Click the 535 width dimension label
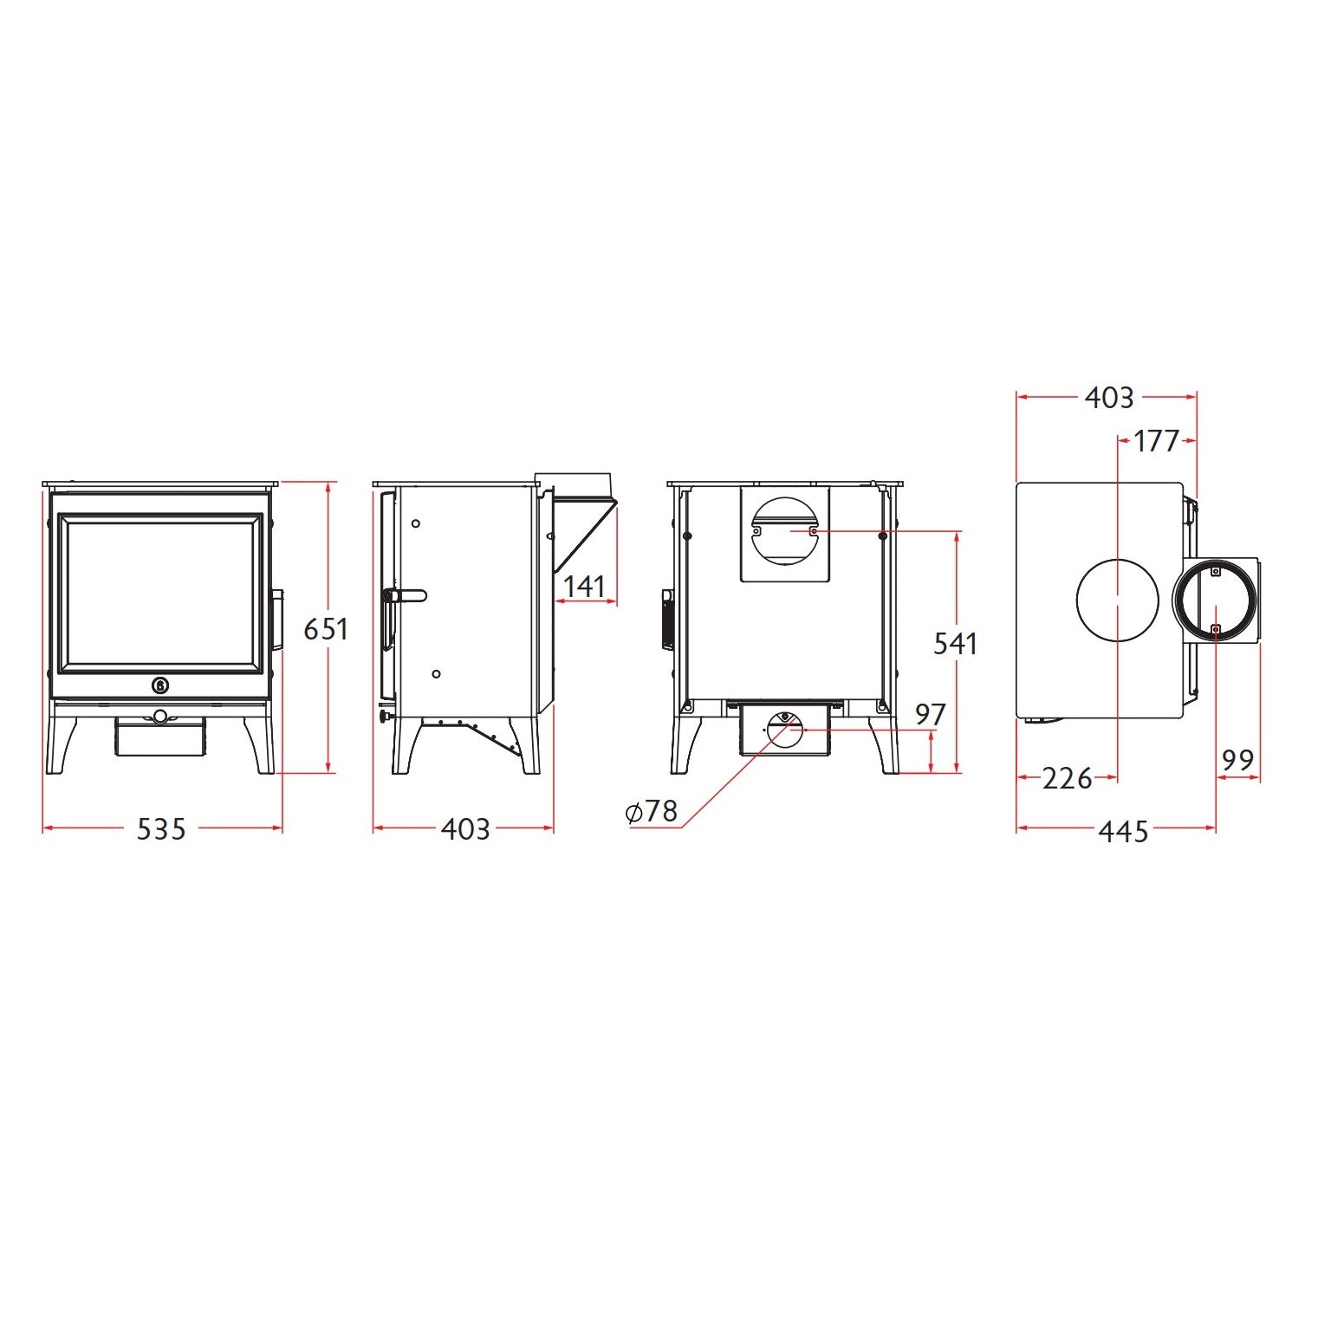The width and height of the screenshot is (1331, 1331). click(161, 829)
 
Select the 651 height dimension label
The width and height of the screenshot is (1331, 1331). click(326, 629)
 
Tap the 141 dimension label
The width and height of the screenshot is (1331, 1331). click(584, 587)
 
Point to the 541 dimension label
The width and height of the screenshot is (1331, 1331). click(955, 644)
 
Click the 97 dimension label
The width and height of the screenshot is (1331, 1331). click(931, 715)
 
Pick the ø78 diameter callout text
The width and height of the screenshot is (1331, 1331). click(652, 812)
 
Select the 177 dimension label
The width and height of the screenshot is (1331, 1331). click(1157, 441)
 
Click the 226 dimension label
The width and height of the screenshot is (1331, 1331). click(1067, 779)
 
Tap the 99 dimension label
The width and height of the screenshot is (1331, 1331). click(1237, 760)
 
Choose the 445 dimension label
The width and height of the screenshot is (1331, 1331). click(1123, 831)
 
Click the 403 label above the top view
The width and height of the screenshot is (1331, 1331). click(1109, 398)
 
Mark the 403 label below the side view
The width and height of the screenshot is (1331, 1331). click(465, 829)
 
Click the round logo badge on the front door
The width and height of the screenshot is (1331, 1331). click(161, 685)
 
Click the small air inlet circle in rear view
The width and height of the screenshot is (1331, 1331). click(785, 730)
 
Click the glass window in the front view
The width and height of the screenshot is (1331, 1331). click(160, 593)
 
